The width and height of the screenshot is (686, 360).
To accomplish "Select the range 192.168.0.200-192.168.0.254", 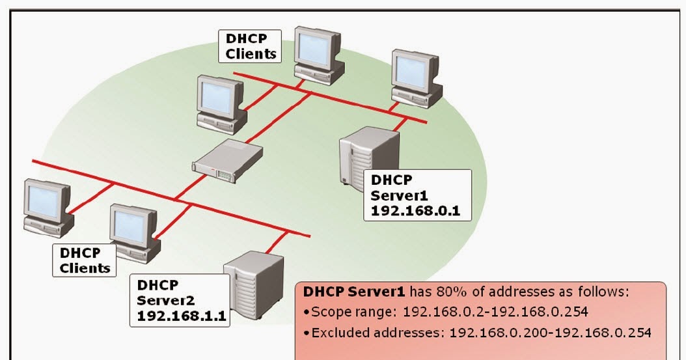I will [550, 333].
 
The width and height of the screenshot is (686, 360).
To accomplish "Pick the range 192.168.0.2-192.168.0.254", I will [495, 312].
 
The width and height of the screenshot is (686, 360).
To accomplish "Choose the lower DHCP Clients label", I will [85, 260].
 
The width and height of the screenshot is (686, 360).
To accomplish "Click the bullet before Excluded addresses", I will [307, 333].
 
